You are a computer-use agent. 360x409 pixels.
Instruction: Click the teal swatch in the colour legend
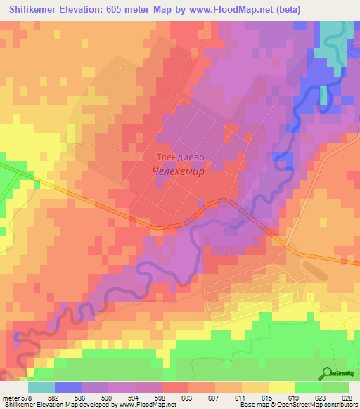coord(41,387)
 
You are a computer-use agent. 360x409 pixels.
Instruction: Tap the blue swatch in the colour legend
coord(67,387)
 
